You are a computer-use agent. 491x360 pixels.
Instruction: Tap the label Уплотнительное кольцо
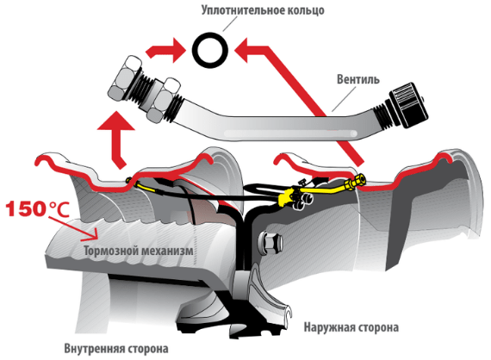click(263, 10)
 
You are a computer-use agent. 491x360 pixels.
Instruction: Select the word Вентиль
click(358, 79)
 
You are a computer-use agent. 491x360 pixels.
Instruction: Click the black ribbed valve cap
click(408, 104)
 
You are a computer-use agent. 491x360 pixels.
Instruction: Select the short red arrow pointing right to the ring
click(165, 51)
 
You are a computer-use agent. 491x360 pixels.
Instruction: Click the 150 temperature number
click(27, 208)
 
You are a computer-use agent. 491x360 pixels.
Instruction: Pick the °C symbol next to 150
click(59, 209)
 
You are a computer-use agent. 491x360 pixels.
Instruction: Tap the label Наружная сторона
click(351, 327)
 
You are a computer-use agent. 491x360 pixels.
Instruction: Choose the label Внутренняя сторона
click(116, 349)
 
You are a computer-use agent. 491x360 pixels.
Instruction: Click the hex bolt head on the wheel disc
click(270, 243)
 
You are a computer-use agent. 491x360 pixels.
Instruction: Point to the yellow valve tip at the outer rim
click(356, 182)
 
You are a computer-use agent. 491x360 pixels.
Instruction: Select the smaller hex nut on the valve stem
click(163, 100)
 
